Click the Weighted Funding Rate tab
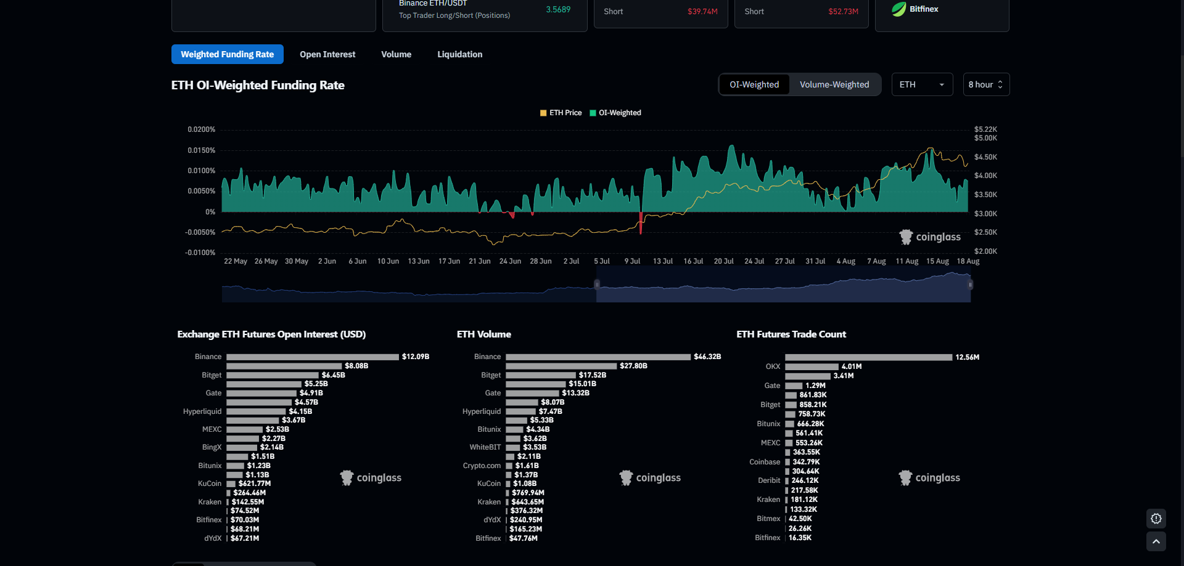click(227, 54)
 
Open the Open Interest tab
click(327, 54)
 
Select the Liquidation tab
click(459, 54)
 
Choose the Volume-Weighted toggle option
click(834, 84)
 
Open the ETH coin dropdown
click(922, 84)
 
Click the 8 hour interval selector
click(985, 84)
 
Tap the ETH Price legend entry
click(561, 113)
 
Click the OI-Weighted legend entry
click(615, 113)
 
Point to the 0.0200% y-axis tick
click(202, 129)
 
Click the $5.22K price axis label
click(985, 129)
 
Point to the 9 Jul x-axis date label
click(632, 261)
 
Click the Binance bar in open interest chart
click(312, 357)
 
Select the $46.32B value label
click(707, 357)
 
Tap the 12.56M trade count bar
click(868, 357)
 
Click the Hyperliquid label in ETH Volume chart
click(482, 411)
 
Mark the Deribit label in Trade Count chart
click(769, 480)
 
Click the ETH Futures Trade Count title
click(791, 334)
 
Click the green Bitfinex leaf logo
click(899, 9)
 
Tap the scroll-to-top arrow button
click(1156, 541)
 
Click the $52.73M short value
click(843, 12)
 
